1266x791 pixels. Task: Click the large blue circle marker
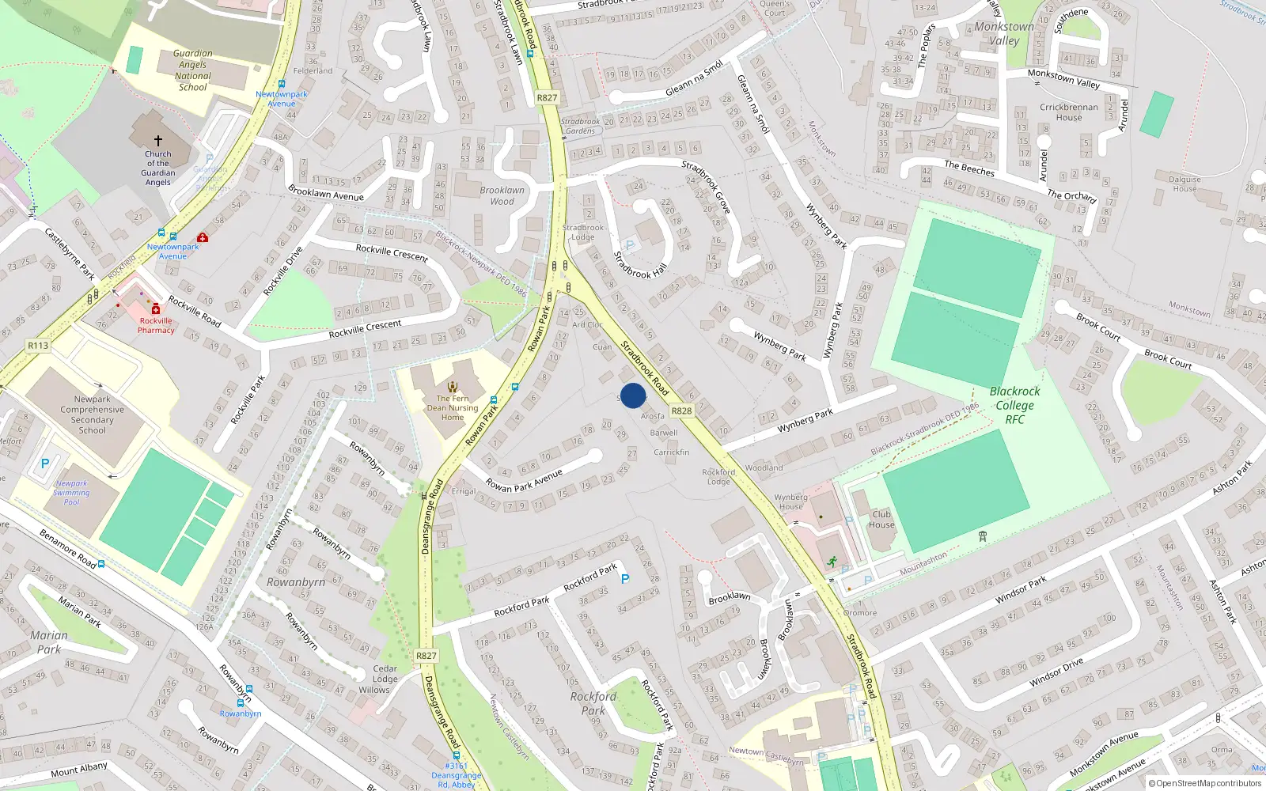point(633,395)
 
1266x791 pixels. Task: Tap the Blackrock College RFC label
point(1014,405)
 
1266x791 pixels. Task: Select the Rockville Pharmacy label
point(156,325)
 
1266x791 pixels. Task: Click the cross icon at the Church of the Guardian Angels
point(158,141)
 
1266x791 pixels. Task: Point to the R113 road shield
point(38,346)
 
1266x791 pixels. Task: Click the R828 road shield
point(681,411)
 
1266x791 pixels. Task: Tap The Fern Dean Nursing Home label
point(453,407)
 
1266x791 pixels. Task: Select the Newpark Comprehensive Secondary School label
point(93,414)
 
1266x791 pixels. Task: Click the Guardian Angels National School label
point(192,70)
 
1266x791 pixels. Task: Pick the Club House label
point(881,519)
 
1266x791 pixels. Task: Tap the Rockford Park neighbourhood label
point(593,703)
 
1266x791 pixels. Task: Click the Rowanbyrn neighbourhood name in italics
point(296,582)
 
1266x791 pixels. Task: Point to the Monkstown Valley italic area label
point(1004,33)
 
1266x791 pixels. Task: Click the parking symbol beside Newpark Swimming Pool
point(45,464)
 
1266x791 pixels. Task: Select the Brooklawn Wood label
point(502,195)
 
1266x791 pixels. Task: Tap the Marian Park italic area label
point(49,642)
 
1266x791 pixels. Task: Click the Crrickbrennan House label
point(1069,112)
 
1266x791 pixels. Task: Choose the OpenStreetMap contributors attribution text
point(1204,783)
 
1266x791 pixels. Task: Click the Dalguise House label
point(1185,184)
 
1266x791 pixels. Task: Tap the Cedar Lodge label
point(385,674)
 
